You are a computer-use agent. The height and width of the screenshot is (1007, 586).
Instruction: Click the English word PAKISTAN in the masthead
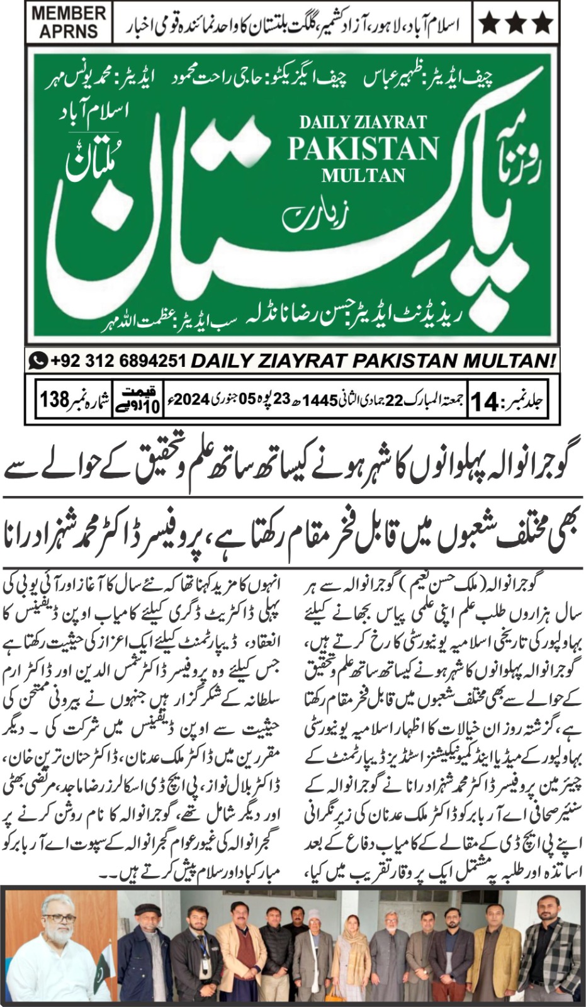(363, 149)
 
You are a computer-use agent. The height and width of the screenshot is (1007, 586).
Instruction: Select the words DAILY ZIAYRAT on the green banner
(363, 121)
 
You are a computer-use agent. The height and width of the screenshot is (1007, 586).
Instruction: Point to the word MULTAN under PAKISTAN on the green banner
(363, 174)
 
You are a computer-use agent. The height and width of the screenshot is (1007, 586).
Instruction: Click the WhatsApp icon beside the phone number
(39, 361)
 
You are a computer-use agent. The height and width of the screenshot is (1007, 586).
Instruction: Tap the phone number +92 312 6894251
(118, 361)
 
